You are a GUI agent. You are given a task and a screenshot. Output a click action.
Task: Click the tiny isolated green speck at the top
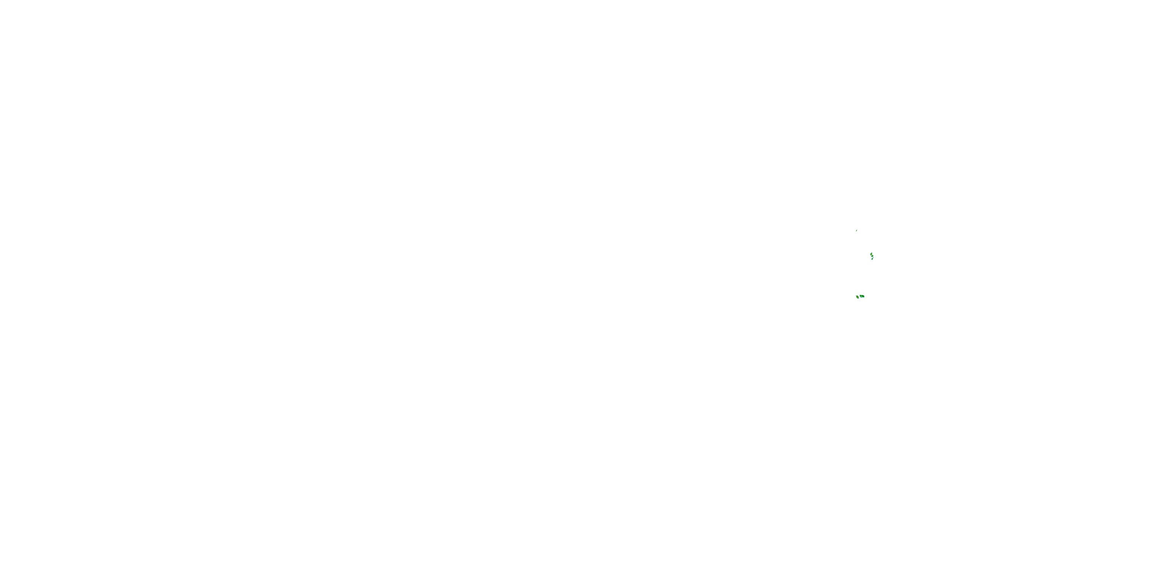click(x=857, y=231)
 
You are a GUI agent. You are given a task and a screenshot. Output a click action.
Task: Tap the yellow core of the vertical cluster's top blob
click(x=871, y=254)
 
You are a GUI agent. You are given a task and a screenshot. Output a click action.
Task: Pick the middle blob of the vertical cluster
click(x=873, y=256)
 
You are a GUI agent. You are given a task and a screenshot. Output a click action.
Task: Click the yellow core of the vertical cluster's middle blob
click(x=872, y=256)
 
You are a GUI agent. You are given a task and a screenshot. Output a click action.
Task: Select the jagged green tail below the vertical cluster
click(x=872, y=259)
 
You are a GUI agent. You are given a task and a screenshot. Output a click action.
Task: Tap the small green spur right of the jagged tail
click(x=873, y=258)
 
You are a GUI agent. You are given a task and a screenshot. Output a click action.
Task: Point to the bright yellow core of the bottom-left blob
click(x=857, y=297)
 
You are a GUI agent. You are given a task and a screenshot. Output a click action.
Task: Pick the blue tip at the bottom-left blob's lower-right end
click(x=859, y=299)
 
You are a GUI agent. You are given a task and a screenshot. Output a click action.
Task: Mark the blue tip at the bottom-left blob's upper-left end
click(x=856, y=296)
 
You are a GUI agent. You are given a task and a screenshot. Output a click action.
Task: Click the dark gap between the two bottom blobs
click(x=859, y=297)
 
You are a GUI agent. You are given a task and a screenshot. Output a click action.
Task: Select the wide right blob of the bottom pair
click(x=863, y=297)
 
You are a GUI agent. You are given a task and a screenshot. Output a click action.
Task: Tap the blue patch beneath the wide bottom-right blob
click(x=861, y=297)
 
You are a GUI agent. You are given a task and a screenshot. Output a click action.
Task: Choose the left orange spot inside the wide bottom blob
click(x=861, y=296)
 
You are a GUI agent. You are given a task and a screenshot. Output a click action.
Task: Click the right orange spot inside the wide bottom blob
click(x=862, y=296)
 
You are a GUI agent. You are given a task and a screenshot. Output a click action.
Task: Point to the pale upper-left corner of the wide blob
click(x=860, y=295)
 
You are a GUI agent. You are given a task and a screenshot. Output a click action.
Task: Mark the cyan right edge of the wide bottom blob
click(x=864, y=297)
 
